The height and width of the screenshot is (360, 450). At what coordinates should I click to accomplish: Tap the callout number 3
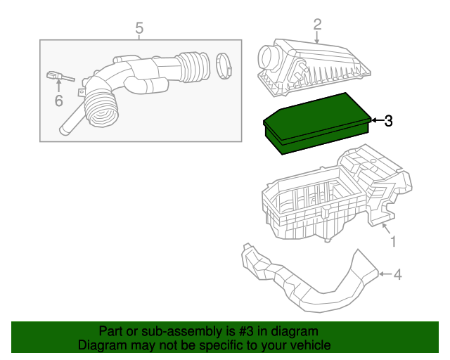tap(387, 121)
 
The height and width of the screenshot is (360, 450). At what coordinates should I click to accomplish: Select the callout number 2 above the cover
tap(317, 25)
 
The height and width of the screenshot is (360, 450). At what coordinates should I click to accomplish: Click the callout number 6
tap(58, 101)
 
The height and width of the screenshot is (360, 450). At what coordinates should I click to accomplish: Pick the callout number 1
tap(393, 242)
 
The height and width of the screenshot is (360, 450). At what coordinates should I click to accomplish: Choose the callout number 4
tap(397, 274)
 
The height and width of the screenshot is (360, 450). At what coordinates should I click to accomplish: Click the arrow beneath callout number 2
tap(317, 38)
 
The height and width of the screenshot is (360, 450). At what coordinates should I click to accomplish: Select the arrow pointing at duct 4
tap(383, 274)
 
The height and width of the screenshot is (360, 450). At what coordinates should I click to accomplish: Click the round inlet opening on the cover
tap(270, 56)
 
